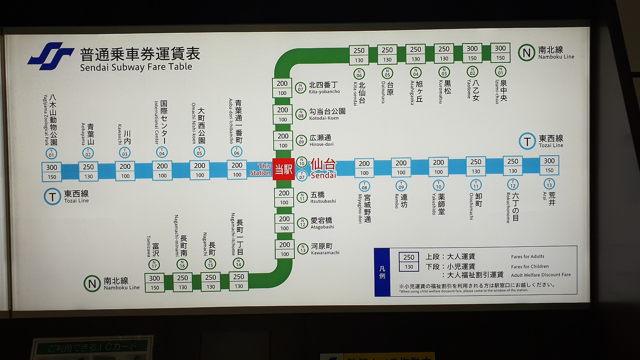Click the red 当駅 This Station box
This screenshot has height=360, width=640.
[283, 169]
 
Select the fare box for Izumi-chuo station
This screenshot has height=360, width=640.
[500, 53]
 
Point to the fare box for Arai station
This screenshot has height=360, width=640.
[549, 165]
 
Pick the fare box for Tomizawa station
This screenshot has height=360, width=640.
[154, 283]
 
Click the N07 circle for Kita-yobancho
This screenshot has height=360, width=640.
[300, 87]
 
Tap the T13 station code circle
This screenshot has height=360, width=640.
[549, 184]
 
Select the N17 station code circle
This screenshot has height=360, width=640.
[154, 264]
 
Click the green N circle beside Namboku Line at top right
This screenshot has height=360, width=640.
[526, 52]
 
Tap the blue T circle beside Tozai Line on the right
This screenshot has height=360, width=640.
[527, 141]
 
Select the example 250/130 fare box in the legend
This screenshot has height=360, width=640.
[408, 262]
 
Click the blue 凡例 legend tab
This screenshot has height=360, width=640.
[382, 272]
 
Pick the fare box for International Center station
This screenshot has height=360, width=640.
[162, 170]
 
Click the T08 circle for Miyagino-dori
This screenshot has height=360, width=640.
[364, 186]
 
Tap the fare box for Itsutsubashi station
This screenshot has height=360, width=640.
[284, 197]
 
